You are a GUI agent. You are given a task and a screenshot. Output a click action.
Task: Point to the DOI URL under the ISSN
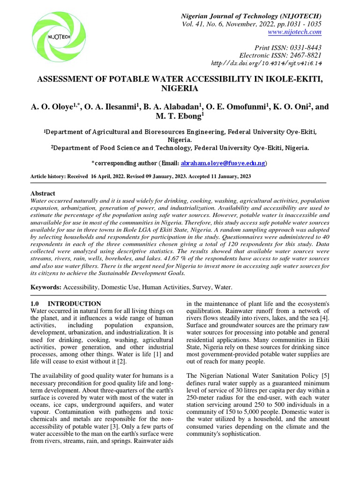[x=267, y=63]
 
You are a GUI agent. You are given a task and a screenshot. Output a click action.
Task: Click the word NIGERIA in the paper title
[x=180, y=88]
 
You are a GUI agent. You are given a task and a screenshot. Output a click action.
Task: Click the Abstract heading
[x=43, y=193]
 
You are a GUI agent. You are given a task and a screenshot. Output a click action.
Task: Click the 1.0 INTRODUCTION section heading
[x=66, y=304]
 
